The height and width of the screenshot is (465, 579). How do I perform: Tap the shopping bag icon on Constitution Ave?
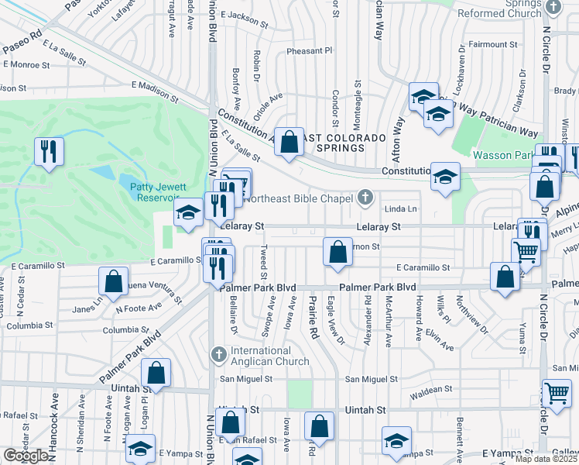289,142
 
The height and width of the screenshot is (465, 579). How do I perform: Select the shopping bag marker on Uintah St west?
156,373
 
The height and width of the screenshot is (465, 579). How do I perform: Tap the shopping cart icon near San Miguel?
557,393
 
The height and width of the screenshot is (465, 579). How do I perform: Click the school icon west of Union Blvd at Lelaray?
188,213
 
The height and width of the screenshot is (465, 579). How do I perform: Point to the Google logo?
26,456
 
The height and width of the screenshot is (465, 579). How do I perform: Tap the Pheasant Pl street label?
309,50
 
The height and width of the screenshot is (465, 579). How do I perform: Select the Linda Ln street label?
401,209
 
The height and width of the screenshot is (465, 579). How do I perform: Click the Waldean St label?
431,390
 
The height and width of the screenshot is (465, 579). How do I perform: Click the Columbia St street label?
120,329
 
